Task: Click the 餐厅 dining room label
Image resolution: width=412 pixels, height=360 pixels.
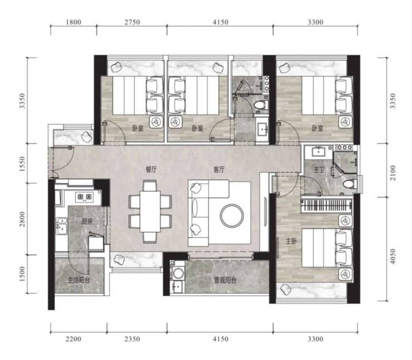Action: tap(151, 169)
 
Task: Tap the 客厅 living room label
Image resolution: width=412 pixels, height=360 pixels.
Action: tap(219, 169)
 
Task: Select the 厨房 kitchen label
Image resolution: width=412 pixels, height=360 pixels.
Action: tap(87, 221)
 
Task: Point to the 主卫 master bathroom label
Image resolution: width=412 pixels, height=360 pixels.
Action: tap(319, 169)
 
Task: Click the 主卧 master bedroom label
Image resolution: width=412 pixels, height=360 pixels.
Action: tap(291, 241)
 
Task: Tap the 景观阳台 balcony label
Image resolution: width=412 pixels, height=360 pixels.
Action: tap(225, 280)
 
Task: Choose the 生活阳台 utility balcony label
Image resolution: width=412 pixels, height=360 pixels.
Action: tap(79, 280)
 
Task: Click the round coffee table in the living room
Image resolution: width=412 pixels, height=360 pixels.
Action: tap(232, 216)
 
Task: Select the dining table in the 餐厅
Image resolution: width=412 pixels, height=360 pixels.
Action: tap(150, 211)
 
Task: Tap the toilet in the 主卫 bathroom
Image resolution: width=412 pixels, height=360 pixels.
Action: tap(350, 183)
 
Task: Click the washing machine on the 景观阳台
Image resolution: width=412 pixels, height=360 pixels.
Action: tap(178, 273)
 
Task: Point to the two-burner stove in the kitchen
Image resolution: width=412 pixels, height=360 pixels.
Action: tap(84, 197)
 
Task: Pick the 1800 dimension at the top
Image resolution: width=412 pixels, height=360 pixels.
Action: tap(73, 22)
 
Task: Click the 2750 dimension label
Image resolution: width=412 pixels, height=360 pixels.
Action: tap(132, 22)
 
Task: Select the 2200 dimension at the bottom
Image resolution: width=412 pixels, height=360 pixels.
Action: tap(73, 339)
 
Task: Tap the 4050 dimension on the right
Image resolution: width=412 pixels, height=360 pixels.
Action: tap(393, 257)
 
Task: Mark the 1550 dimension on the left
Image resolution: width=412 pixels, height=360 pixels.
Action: tap(22, 164)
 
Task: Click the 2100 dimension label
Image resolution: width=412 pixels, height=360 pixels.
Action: tap(393, 173)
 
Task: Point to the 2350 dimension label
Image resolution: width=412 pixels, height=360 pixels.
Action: tap(132, 339)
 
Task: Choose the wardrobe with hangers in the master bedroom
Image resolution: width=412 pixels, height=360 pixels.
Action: tap(326, 205)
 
